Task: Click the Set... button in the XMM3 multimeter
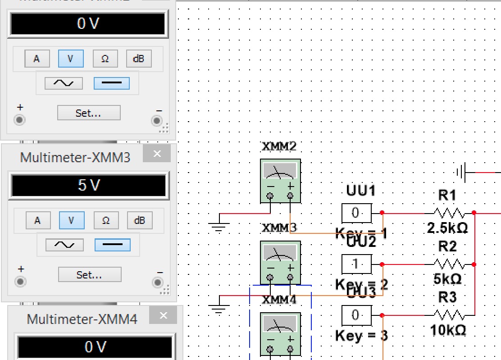pyautogui.click(x=90, y=274)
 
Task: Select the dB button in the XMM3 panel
pyautogui.click(x=140, y=220)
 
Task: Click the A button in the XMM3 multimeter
pyautogui.click(x=37, y=220)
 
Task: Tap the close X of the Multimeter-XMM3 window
pyautogui.click(x=157, y=154)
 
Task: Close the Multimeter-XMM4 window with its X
pyautogui.click(x=163, y=316)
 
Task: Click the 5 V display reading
pyautogui.click(x=88, y=185)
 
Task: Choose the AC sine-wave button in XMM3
pyautogui.click(x=64, y=245)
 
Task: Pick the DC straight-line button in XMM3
pyautogui.click(x=112, y=245)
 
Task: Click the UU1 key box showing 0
pyautogui.click(x=356, y=213)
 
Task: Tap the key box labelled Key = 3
pyautogui.click(x=356, y=315)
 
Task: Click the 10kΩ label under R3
pyautogui.click(x=448, y=331)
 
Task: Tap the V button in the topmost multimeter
pyautogui.click(x=70, y=59)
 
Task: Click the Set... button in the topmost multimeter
pyautogui.click(x=89, y=113)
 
